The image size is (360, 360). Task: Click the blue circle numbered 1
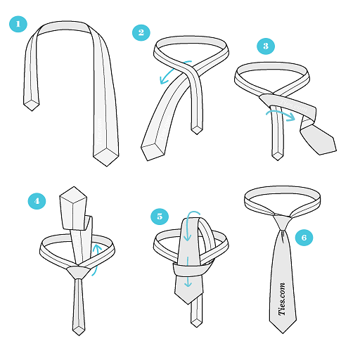tap(18, 24)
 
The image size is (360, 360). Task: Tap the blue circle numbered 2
tap(141, 32)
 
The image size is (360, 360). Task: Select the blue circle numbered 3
tap(266, 46)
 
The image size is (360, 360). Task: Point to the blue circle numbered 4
tap(37, 201)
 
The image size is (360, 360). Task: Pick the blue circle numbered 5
tap(160, 216)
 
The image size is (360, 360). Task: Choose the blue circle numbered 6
tap(304, 238)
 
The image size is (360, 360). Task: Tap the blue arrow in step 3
tap(281, 113)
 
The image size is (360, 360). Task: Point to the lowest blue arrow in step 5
tap(188, 272)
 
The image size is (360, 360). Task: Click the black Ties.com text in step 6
tap(282, 299)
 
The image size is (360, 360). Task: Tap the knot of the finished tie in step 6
tap(282, 223)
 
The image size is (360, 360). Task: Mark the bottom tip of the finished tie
tap(283, 333)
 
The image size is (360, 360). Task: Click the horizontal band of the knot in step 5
tap(191, 269)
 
